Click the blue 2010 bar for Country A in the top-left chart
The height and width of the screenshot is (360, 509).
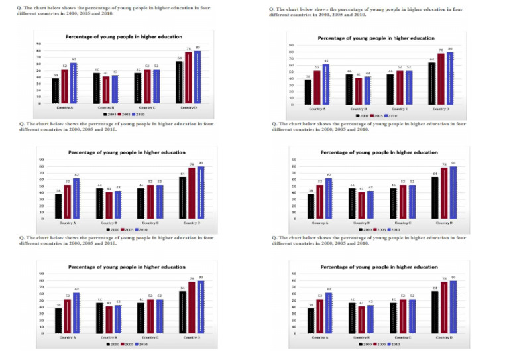(x=74, y=84)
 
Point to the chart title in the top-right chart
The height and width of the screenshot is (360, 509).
(x=376, y=38)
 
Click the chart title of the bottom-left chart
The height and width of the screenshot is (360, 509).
(x=127, y=267)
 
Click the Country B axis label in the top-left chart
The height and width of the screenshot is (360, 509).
(x=106, y=107)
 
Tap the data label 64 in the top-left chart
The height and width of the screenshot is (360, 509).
(x=179, y=58)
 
